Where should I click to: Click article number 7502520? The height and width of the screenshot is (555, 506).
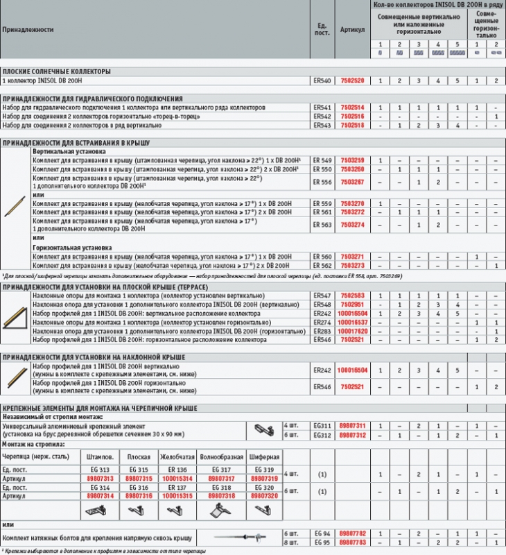pos(351,81)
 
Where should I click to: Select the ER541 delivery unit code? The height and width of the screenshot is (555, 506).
pos(322,108)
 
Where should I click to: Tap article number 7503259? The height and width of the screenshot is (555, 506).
pos(351,160)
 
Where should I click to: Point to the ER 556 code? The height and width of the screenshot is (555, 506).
pos(322,182)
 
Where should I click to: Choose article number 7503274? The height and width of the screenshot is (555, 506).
pos(351,225)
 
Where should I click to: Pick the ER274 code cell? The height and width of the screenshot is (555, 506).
pos(322,323)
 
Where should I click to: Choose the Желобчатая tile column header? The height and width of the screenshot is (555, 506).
pos(177,457)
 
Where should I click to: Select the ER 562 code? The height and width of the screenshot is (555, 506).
pos(322,265)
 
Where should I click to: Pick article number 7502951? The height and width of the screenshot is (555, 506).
pos(351,305)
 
